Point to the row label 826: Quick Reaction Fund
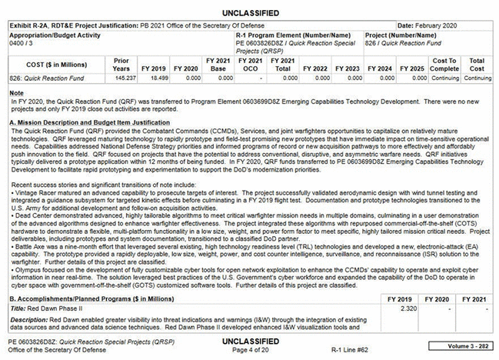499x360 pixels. click(x=42, y=79)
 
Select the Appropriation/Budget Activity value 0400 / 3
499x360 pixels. click(x=21, y=42)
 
